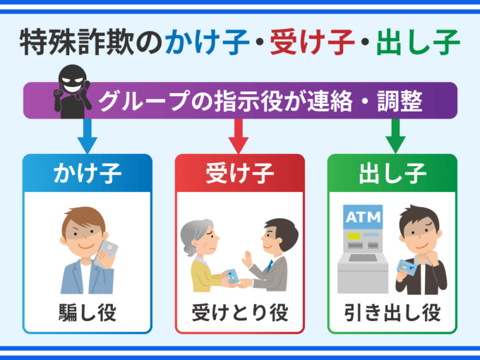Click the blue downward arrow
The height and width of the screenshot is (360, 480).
coord(87,135)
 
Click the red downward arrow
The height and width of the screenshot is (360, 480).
coord(240,135)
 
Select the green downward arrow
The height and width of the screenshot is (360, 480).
coord(393,135)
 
